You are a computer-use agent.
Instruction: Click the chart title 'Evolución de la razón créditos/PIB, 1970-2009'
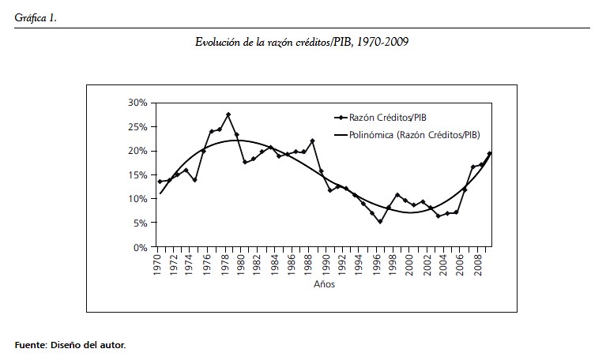303,42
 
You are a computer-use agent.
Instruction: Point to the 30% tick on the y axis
137,103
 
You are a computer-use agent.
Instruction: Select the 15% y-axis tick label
137,175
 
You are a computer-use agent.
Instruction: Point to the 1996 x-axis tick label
380,263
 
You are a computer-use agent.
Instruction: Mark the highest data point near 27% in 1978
228,115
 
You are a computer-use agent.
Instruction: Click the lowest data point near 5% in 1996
380,222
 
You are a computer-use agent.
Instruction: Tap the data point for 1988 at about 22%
313,141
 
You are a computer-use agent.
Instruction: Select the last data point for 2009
490,153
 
